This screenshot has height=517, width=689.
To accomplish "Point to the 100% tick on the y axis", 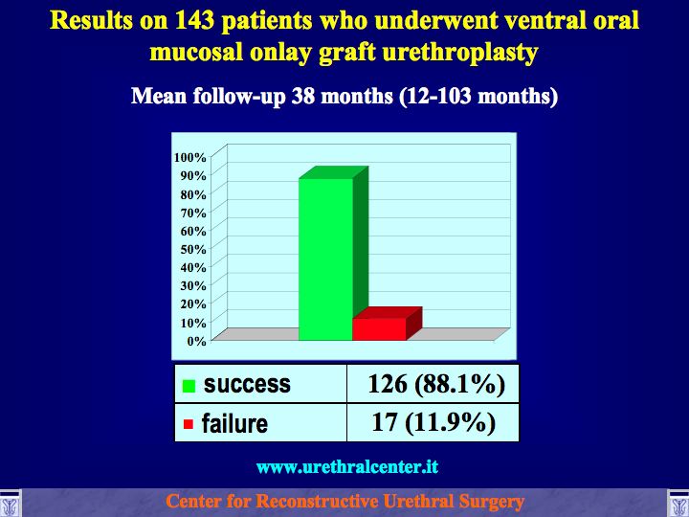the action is pyautogui.click(x=189, y=157).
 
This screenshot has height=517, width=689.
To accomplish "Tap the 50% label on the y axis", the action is pyautogui.click(x=193, y=249).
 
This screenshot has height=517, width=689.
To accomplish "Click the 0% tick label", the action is pyautogui.click(x=196, y=341).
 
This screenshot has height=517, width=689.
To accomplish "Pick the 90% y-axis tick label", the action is pyautogui.click(x=193, y=176).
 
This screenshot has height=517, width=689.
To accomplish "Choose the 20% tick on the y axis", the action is pyautogui.click(x=193, y=303).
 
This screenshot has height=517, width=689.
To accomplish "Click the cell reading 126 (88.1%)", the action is pyautogui.click(x=436, y=383).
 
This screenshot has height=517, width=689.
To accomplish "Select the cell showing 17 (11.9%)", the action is pyautogui.click(x=433, y=422).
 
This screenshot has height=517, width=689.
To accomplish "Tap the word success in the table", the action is pyautogui.click(x=247, y=384).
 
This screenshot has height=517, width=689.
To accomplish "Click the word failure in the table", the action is pyautogui.click(x=234, y=423).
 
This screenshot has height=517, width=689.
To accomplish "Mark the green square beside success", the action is pyautogui.click(x=189, y=386).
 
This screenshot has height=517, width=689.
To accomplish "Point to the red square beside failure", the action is pyautogui.click(x=189, y=424).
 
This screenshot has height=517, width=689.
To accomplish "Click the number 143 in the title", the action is pyautogui.click(x=194, y=20).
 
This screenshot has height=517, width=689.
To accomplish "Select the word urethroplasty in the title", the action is pyautogui.click(x=460, y=53).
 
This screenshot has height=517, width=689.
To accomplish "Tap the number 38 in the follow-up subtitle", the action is pyautogui.click(x=302, y=96).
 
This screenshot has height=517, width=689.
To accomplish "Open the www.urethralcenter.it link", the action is pyautogui.click(x=347, y=466).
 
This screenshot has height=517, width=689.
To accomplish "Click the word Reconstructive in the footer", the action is pyautogui.click(x=317, y=501).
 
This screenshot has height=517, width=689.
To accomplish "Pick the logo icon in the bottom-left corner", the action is pyautogui.click(x=10, y=504).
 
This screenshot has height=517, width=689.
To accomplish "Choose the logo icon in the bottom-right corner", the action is pyautogui.click(x=678, y=504).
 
